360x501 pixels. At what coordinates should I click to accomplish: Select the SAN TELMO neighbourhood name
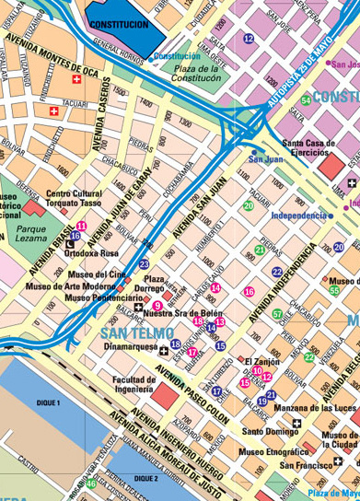pos(134,332)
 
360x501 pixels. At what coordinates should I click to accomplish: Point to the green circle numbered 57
pos(277,314)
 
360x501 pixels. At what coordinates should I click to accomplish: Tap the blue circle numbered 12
pos(249,38)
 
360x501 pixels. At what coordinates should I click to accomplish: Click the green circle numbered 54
pos(306,99)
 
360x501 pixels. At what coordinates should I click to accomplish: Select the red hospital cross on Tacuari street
pos(55,111)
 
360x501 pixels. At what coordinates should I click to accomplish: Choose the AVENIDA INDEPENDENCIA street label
pos(287,277)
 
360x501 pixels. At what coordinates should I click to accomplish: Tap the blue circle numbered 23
pos(144,264)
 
